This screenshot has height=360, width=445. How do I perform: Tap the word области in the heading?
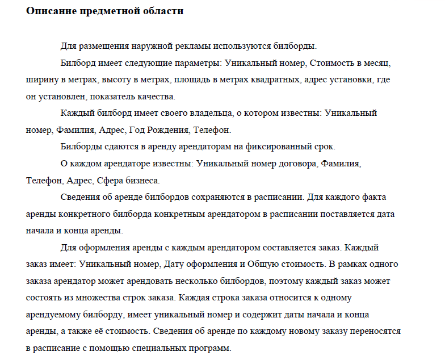[x=162, y=11]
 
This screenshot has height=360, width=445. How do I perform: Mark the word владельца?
[x=217, y=113]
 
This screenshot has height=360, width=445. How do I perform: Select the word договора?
[x=293, y=164]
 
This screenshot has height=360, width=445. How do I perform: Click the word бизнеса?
[x=142, y=181]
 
